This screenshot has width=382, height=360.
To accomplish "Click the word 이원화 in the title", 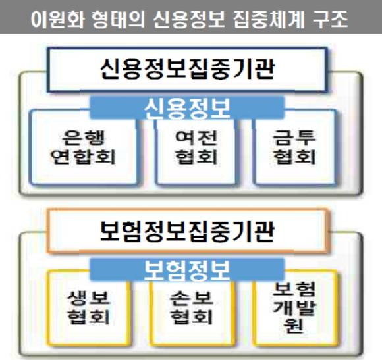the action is [x=57, y=19].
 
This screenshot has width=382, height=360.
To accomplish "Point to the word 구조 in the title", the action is [x=330, y=19].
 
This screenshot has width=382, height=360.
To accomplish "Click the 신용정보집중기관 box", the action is [x=187, y=70].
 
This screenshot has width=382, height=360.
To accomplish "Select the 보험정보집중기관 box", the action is [x=187, y=231].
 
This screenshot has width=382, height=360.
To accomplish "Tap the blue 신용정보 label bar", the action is [x=187, y=108].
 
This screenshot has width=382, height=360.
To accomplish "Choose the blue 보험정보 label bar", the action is [x=187, y=269].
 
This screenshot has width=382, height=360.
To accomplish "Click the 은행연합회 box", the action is [x=84, y=147].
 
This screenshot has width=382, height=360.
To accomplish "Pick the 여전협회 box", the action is [x=196, y=152].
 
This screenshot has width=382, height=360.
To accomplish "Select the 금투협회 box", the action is [x=295, y=147].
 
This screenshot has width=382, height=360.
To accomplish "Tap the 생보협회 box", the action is [x=88, y=309].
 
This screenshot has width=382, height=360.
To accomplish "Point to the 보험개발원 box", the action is [x=295, y=309].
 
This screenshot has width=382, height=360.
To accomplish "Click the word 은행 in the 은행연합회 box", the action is [x=84, y=138].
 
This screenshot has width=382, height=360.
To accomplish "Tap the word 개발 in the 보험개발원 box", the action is [x=294, y=308].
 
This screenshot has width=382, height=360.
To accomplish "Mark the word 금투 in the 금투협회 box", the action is [x=294, y=138].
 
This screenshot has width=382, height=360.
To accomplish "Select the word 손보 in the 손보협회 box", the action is [x=192, y=298].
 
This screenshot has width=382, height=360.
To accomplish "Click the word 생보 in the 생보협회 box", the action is [x=88, y=298].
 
